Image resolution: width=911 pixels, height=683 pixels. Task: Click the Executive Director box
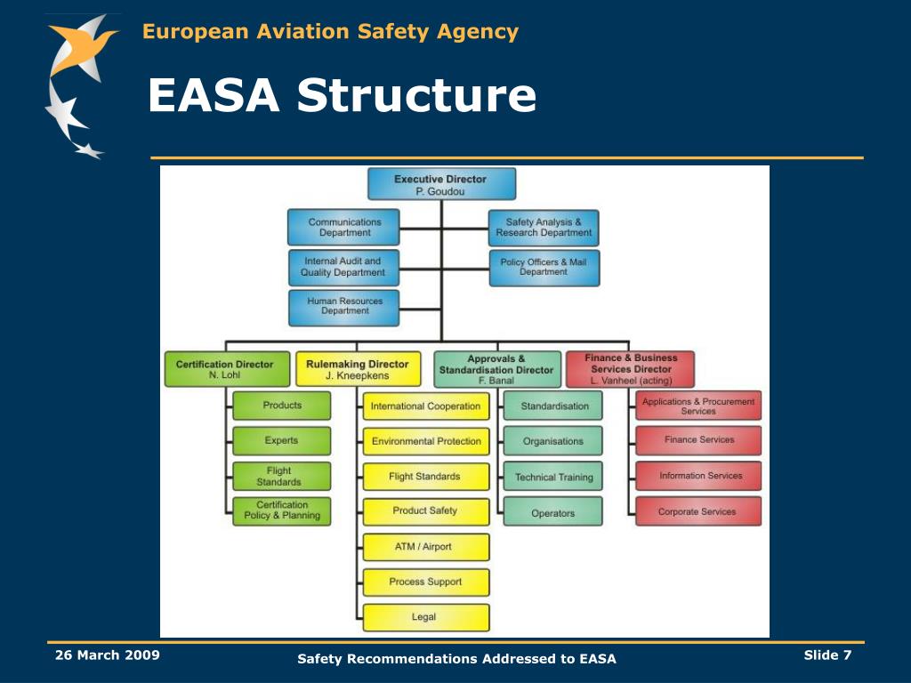[x=441, y=184]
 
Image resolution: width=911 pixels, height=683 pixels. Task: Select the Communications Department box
[x=344, y=228]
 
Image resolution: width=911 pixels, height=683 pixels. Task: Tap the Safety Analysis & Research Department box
[x=544, y=228]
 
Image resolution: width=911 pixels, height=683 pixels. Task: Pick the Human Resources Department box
[x=344, y=307]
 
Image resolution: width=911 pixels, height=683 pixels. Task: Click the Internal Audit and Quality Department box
[x=344, y=267]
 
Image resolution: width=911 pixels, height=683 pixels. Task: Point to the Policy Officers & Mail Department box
[x=544, y=267]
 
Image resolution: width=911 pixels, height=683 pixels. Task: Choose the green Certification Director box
[x=227, y=369]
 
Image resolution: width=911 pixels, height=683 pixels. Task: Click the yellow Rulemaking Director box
[x=357, y=369]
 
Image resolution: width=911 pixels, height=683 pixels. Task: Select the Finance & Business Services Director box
[x=630, y=369]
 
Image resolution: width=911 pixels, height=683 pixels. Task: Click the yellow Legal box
[x=424, y=617]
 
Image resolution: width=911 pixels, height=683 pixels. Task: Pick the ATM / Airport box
[x=424, y=547]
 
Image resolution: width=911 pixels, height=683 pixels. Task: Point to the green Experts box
[x=281, y=441]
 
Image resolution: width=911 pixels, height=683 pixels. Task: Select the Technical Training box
[x=552, y=477]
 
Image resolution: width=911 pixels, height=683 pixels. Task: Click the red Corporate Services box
[x=697, y=511]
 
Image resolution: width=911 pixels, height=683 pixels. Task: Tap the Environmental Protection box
[x=425, y=441]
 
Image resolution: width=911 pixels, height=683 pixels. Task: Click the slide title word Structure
[x=417, y=96]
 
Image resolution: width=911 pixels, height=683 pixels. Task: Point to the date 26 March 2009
[x=107, y=655]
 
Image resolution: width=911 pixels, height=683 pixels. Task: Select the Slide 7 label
[x=827, y=655]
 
